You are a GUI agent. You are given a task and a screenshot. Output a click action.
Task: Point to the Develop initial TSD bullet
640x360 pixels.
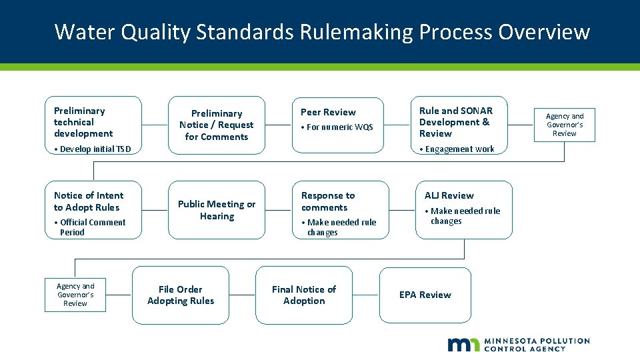pos(92,149)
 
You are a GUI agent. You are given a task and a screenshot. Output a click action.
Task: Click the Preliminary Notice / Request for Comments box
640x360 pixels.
pos(217,125)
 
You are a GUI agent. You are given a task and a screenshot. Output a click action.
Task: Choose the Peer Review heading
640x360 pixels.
pos(328,112)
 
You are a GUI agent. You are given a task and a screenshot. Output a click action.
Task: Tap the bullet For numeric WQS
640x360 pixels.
pos(337,127)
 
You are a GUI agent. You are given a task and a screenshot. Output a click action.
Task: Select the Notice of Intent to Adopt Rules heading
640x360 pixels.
pos(89,201)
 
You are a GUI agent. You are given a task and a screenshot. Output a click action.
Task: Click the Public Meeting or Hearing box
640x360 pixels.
pos(217,210)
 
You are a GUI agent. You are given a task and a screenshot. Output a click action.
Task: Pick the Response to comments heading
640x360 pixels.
pos(328,201)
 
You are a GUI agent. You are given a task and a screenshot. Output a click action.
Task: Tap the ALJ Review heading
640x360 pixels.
pos(449,195)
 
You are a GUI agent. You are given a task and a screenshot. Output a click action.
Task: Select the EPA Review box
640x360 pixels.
pos(425,295)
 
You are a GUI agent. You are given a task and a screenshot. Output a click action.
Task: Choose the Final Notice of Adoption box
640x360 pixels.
pos(304,295)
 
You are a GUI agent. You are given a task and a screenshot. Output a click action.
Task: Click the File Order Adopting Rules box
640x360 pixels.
pos(181,295)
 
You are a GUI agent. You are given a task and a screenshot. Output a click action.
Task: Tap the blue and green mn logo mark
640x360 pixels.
pos(463,344)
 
